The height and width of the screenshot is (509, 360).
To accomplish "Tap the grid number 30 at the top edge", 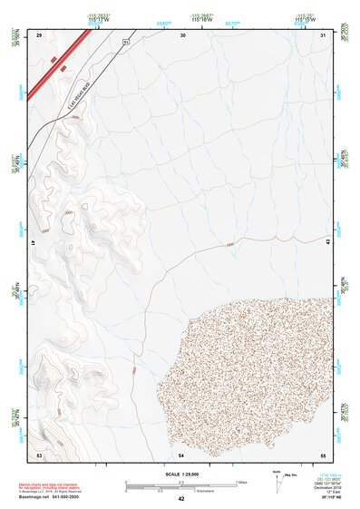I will [183, 34].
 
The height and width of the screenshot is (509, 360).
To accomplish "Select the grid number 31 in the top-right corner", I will [324, 34].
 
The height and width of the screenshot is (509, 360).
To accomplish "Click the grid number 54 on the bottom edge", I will [181, 453].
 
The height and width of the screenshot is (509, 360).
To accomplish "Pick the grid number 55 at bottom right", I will [322, 453].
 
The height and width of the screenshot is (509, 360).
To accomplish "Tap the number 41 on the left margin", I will [32, 243].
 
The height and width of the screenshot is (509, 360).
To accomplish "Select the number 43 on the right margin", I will [329, 240].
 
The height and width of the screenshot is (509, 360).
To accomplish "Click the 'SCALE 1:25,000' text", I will [180, 473].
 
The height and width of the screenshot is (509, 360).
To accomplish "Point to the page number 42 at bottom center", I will [180, 499].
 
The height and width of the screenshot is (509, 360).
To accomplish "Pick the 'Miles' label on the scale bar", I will [241, 481].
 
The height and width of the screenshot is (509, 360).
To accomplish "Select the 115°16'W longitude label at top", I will [201, 20].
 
